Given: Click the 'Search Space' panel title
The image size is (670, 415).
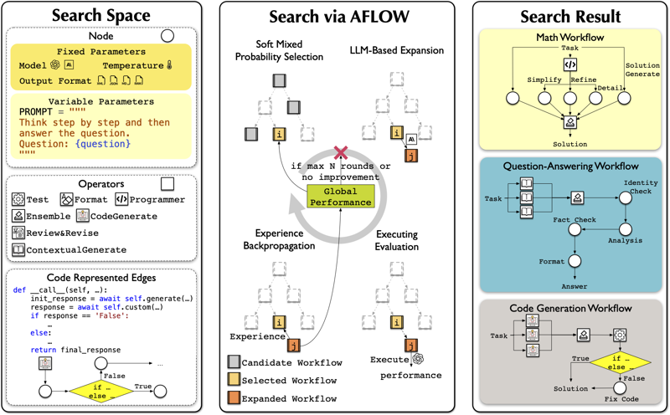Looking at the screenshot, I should (x=101, y=16).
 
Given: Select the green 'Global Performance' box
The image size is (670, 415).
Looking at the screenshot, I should (x=339, y=197).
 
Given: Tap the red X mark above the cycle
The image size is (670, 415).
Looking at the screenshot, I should (x=339, y=152).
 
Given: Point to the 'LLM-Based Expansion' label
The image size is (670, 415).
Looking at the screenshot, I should (x=395, y=50).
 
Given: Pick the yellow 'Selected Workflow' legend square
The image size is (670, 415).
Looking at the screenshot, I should (x=234, y=381).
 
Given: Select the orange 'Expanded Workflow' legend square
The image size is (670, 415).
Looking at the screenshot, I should (x=234, y=399).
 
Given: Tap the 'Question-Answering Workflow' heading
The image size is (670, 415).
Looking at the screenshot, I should (x=569, y=166).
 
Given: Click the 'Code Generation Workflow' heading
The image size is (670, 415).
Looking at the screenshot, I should (x=569, y=309).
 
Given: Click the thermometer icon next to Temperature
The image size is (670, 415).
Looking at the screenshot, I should (x=168, y=65).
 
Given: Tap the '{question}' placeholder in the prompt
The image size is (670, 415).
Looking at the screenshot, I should (x=102, y=144).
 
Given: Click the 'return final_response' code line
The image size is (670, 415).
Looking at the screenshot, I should (x=75, y=350).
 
